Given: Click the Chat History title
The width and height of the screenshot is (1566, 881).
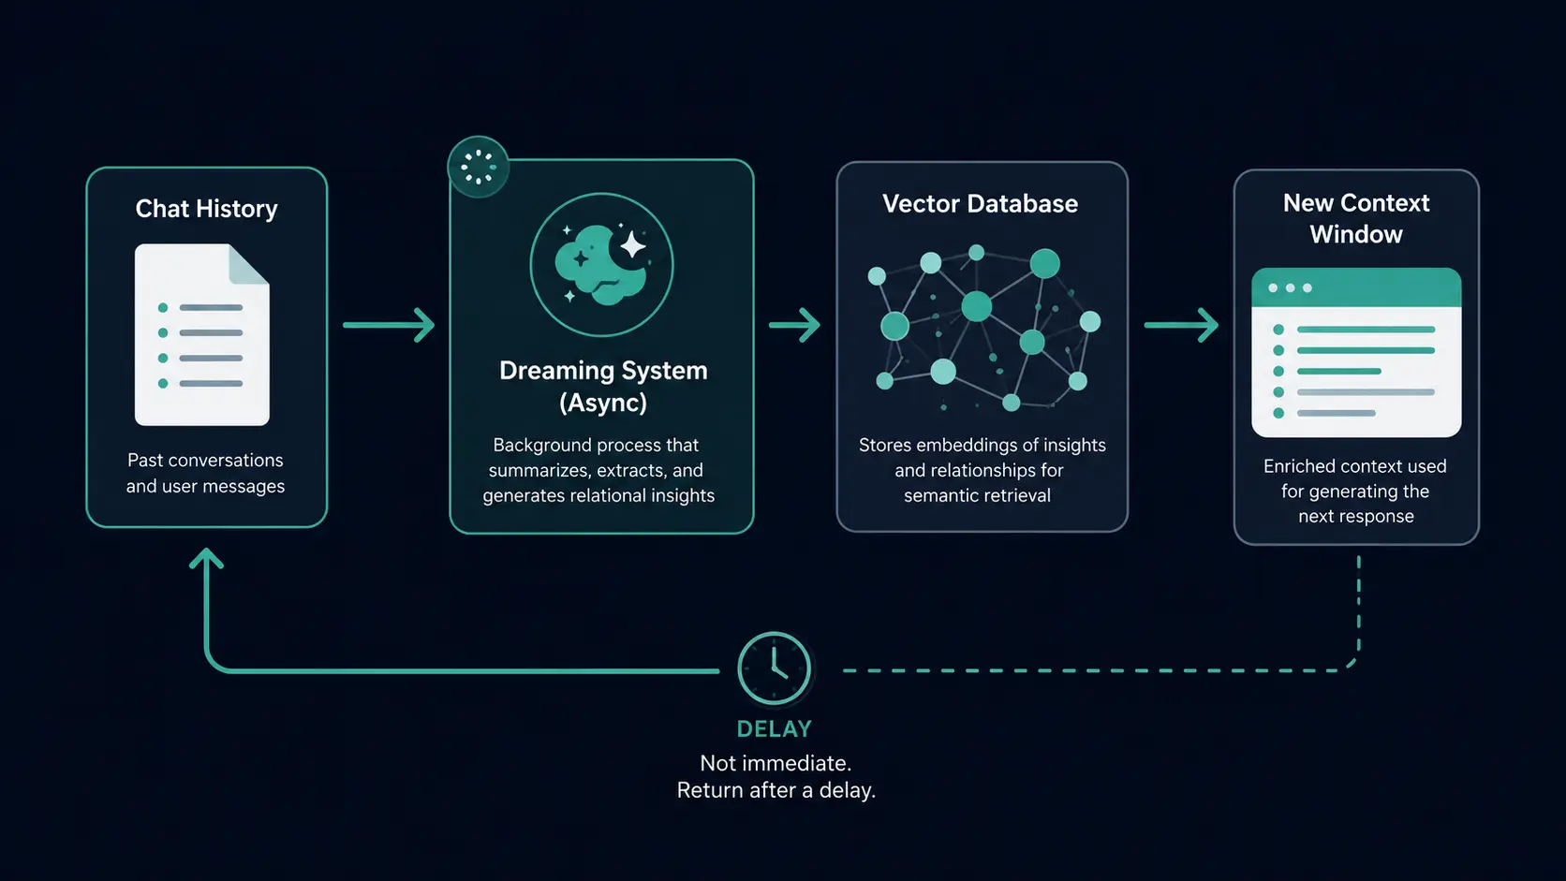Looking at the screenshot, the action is pyautogui.click(x=206, y=209).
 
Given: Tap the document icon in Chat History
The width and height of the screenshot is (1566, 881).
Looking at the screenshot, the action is pyautogui.click(x=202, y=334).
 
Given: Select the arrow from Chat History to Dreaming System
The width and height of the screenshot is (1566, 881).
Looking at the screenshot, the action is pyautogui.click(x=389, y=325).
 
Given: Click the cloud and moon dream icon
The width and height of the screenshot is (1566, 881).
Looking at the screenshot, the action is pyautogui.click(x=601, y=265).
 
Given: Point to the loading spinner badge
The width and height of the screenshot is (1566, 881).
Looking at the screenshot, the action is pyautogui.click(x=479, y=167).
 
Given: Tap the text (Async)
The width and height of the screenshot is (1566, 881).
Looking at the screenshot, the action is pyautogui.click(x=603, y=404).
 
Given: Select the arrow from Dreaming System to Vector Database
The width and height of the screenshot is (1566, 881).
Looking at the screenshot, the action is pyautogui.click(x=795, y=325).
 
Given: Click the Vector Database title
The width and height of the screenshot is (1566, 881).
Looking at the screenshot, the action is pyautogui.click(x=980, y=204).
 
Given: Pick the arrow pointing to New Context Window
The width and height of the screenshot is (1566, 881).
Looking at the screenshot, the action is pyautogui.click(x=1181, y=325).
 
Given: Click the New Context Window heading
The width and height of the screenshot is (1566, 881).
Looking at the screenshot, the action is pyautogui.click(x=1356, y=219).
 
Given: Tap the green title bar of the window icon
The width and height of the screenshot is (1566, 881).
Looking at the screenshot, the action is pyautogui.click(x=1356, y=287).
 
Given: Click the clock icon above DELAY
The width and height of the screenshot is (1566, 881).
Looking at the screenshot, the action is pyautogui.click(x=774, y=668).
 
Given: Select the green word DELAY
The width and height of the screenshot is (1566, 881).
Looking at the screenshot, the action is pyautogui.click(x=775, y=729).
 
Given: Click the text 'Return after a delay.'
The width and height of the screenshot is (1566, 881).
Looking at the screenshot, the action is pyautogui.click(x=776, y=791).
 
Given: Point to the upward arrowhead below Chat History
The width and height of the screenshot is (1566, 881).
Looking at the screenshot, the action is pyautogui.click(x=206, y=558).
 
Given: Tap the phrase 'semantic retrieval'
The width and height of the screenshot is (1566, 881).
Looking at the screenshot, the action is pyautogui.click(x=978, y=495).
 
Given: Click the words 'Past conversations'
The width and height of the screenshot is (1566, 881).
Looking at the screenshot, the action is pyautogui.click(x=205, y=461).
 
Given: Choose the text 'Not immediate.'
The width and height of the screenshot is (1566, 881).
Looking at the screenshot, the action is pyautogui.click(x=776, y=763).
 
